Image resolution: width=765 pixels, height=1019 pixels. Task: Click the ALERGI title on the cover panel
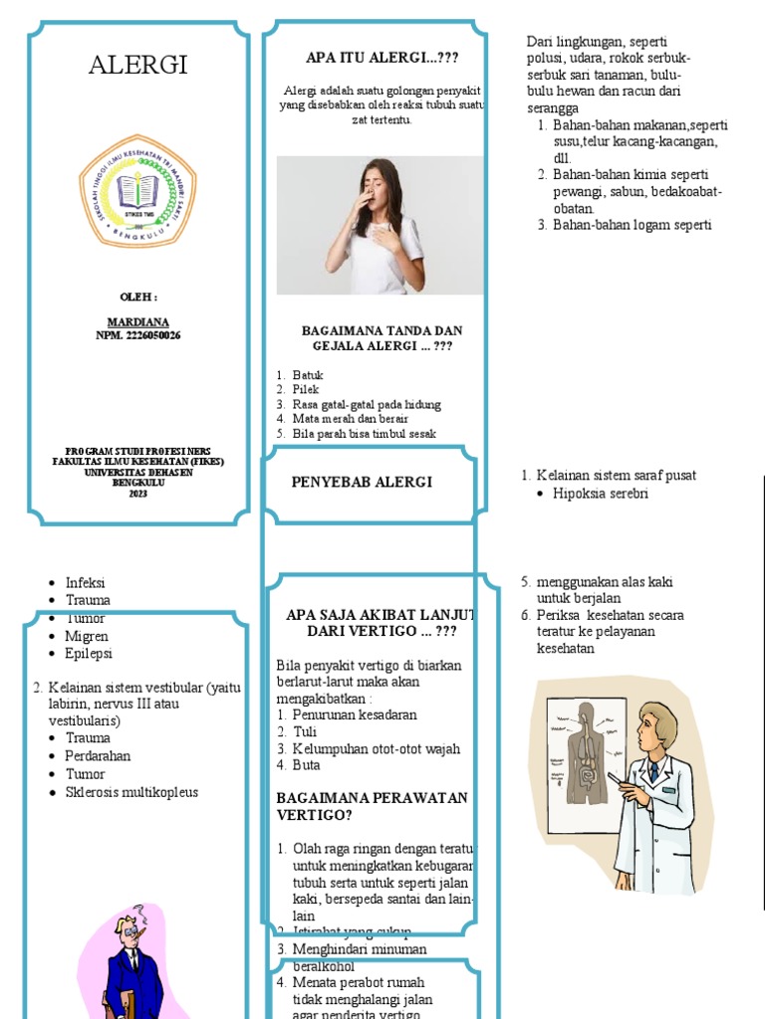point(137,67)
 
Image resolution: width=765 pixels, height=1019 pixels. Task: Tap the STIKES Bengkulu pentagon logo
point(137,190)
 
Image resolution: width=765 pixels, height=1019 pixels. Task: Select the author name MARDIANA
point(137,322)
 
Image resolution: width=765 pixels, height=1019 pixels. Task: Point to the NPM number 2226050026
point(137,335)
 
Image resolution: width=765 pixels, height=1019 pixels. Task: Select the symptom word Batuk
point(308,375)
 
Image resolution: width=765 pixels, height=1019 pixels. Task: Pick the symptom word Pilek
point(306,390)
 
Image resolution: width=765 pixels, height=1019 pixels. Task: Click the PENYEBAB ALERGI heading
point(362,482)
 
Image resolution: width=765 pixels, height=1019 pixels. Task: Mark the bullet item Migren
point(87,636)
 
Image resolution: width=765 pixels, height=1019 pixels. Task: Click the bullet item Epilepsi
point(89,654)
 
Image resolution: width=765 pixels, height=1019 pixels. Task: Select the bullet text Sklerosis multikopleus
point(131,792)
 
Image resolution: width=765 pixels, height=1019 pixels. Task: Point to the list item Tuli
point(304,732)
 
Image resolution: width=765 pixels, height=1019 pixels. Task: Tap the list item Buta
point(307,765)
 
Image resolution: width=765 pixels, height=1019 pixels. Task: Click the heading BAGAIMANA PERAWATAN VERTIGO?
point(371,806)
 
